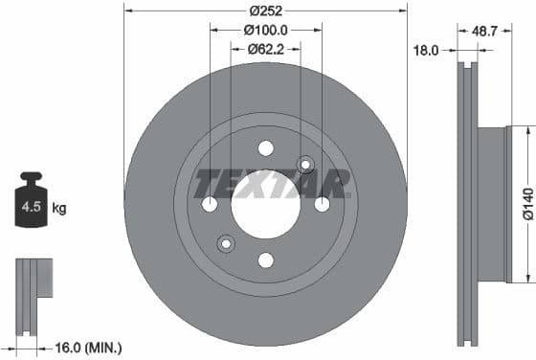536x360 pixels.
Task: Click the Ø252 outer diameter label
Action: (x=264, y=11)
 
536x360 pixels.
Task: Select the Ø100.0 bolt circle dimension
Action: (x=265, y=31)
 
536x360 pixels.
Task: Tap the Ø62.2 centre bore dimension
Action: (x=265, y=49)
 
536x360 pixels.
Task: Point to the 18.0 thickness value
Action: (x=425, y=51)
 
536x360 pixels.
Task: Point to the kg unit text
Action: (x=59, y=207)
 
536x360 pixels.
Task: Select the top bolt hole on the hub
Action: (x=266, y=147)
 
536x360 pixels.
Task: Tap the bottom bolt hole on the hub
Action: (x=266, y=260)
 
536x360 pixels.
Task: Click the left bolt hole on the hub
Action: (x=210, y=204)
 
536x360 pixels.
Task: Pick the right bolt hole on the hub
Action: (x=323, y=204)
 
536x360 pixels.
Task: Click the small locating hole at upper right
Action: (x=306, y=164)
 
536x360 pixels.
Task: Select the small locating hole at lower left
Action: (x=226, y=243)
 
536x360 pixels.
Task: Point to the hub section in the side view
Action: (x=491, y=204)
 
